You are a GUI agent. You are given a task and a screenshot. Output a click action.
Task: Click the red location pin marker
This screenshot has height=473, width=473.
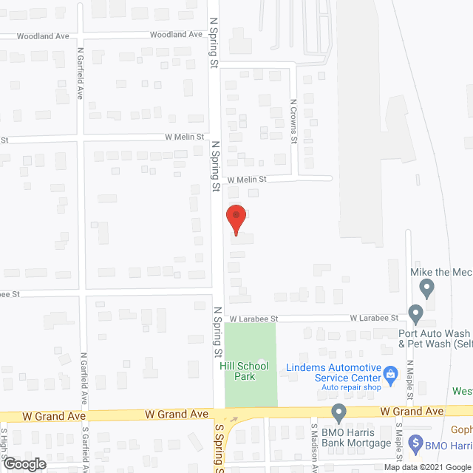(x=235, y=219)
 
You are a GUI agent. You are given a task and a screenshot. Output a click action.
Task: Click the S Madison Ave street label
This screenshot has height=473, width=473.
(x=314, y=448)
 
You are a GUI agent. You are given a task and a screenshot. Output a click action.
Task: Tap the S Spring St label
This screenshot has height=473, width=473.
(x=219, y=448)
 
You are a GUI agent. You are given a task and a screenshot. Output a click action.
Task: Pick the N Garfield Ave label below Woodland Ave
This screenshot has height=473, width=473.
(x=81, y=74)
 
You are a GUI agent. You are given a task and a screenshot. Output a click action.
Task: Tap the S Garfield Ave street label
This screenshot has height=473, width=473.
(x=86, y=448)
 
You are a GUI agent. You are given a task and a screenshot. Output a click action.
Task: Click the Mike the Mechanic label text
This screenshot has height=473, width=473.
(x=441, y=272)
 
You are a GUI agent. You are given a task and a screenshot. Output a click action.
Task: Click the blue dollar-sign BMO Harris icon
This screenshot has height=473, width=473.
(x=415, y=444)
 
